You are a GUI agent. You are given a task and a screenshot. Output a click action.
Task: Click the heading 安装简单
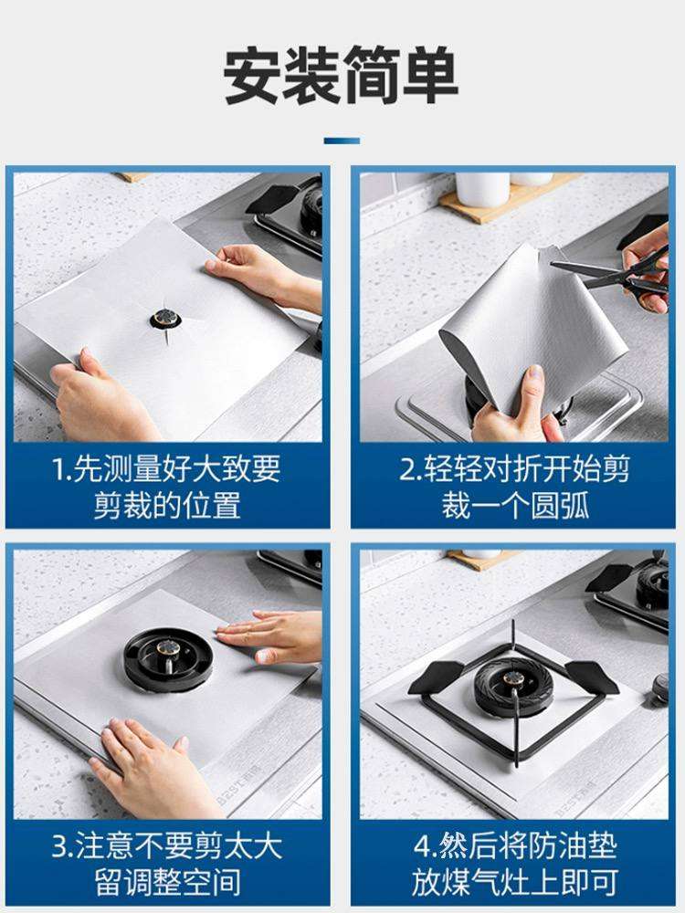[x=342, y=75]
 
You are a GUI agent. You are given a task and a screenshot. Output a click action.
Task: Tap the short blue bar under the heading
[x=342, y=141]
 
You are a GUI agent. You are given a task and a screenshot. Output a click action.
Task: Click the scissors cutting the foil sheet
[x=617, y=274]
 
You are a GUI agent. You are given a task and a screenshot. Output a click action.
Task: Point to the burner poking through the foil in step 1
[x=165, y=318]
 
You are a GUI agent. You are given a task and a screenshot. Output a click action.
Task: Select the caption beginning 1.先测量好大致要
[x=167, y=487]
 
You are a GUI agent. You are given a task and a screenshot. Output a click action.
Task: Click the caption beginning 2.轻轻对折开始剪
[x=515, y=487]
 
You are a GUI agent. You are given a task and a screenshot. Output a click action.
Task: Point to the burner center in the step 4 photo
[x=513, y=679]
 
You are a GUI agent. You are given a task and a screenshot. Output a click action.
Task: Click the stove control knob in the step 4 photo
[x=660, y=687]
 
